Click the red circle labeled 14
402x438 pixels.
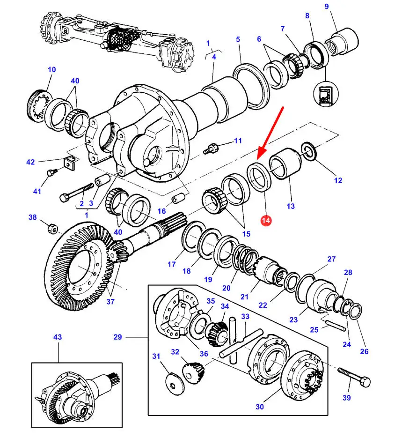pos(266,220)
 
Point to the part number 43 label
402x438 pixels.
pos(58,337)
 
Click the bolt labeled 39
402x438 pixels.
pos(353,375)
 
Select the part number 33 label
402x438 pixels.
pos(245,317)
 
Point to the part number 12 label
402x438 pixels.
pos(338,180)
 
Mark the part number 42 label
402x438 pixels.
pos(31,162)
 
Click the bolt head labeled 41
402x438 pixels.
pos(51,173)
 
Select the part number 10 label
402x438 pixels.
pos(51,70)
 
